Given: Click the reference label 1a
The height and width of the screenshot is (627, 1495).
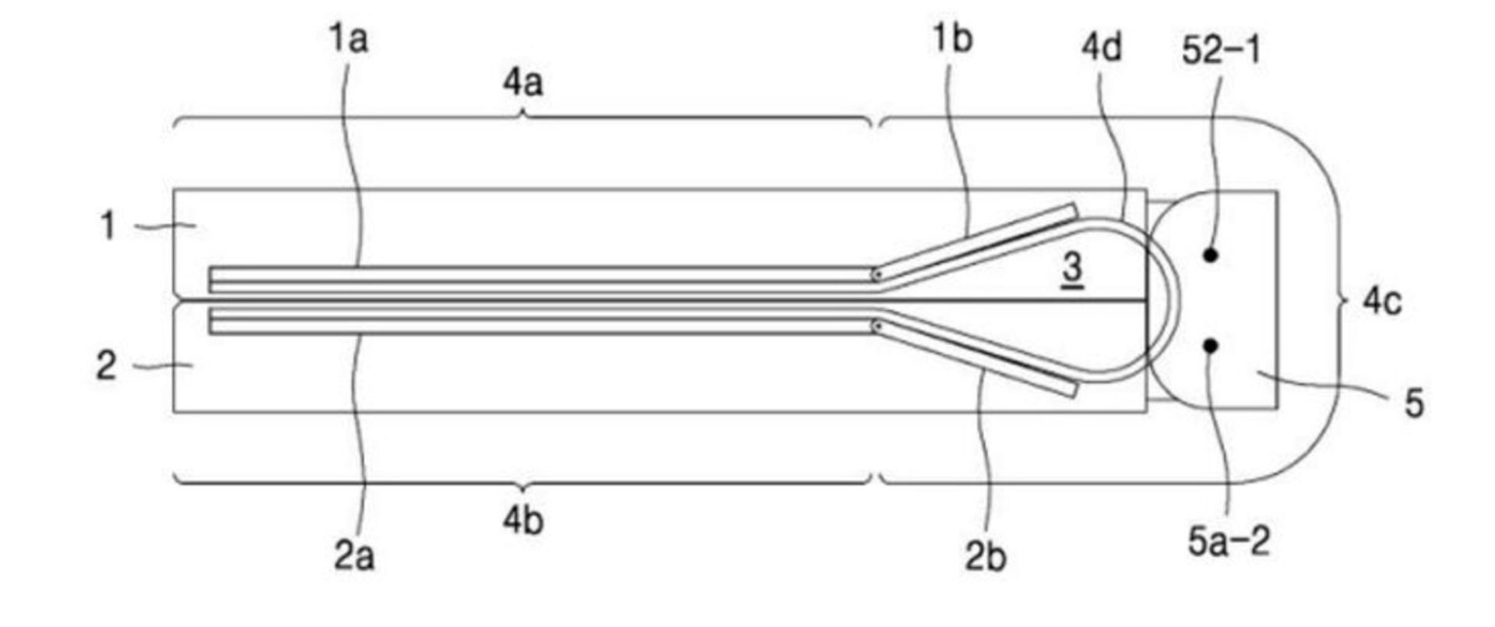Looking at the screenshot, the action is tap(347, 39).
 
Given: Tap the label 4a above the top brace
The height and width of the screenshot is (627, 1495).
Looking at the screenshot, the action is tap(522, 82).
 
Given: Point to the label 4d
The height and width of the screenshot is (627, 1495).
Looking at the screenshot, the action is tap(1102, 48).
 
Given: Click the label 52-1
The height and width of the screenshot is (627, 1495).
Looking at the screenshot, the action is tap(1220, 51).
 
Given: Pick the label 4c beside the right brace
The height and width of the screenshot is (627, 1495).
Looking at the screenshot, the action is tap(1382, 301).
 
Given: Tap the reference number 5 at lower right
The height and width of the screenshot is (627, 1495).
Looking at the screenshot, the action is tap(1413, 403).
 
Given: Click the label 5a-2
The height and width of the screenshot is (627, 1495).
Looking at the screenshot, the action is tap(1229, 541).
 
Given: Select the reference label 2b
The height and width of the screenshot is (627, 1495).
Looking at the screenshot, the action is tap(986, 556).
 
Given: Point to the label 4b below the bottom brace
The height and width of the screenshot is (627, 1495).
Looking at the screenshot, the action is tap(522, 520).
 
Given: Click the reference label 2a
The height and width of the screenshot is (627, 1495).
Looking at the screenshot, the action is tap(354, 556).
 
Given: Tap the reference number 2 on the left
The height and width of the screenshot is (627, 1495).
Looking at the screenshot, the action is tap(107, 365).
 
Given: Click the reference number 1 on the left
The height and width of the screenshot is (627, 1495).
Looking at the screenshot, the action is tap(107, 226).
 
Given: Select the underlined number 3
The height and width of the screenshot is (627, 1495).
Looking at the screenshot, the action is tap(1072, 269).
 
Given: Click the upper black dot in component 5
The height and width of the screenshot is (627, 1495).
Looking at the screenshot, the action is tap(1210, 255).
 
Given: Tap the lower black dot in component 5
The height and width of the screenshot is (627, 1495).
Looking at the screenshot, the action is tap(1210, 345).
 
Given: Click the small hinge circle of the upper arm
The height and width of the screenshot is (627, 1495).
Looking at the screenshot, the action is tap(877, 274).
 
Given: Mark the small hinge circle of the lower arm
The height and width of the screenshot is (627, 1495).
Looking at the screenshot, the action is tap(877, 326).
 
